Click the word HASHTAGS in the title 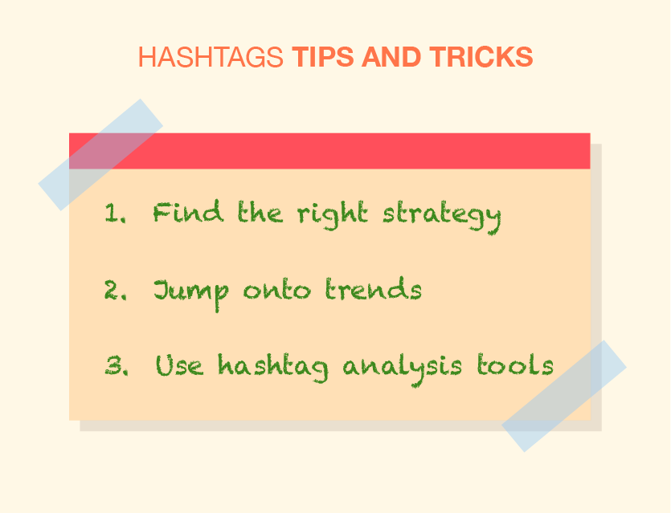pos(211,57)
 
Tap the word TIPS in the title pos(323,57)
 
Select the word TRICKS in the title pos(481,57)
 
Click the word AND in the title pos(391,57)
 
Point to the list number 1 pos(116,213)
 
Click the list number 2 pos(116,290)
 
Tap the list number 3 pos(117,365)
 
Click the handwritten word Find pos(188,211)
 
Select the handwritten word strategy pos(442,218)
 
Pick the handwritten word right pos(333,215)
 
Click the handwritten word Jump pos(191,294)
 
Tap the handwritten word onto pos(277,290)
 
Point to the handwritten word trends pos(373,288)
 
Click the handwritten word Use pos(179,365)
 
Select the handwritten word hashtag pos(273,368)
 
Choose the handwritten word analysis pos(403,369)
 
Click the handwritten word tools pos(515,364)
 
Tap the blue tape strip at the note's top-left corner pos(100,155)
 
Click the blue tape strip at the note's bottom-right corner pos(564,396)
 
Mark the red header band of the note pos(329,151)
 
